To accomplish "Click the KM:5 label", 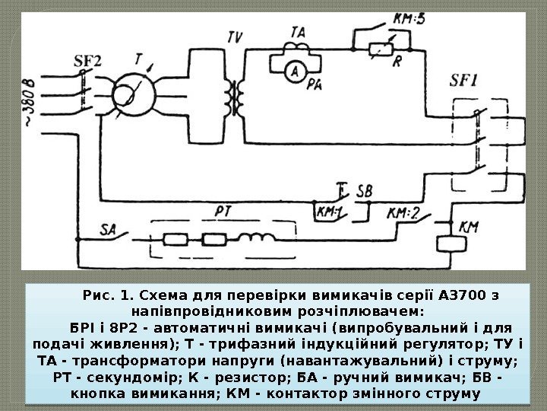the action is pyautogui.click(x=407, y=20).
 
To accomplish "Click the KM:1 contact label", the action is pyautogui.click(x=330, y=214).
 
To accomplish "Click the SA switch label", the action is pyautogui.click(x=111, y=227).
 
